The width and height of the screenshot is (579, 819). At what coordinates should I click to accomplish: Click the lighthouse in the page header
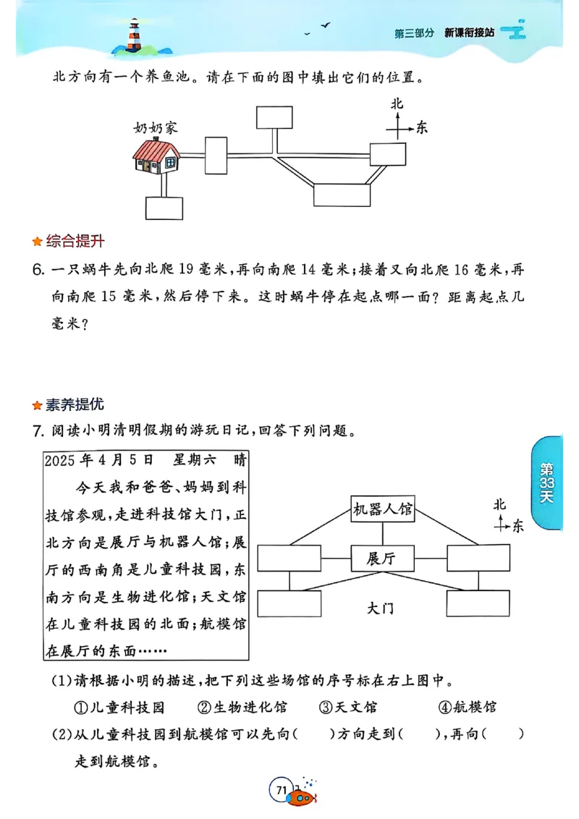tap(134, 35)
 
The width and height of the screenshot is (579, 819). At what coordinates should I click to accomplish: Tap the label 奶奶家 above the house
tap(155, 128)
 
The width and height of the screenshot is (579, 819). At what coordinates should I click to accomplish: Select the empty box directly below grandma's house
tap(164, 208)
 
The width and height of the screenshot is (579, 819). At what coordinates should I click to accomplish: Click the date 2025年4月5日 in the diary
tap(99, 460)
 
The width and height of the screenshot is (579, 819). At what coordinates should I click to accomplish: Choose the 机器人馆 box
tap(382, 509)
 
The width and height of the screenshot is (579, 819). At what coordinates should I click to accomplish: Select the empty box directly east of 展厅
tap(473, 559)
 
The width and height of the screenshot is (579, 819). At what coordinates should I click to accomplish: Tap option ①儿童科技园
tap(119, 707)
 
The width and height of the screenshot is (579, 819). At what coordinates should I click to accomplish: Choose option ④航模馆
tap(467, 707)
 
